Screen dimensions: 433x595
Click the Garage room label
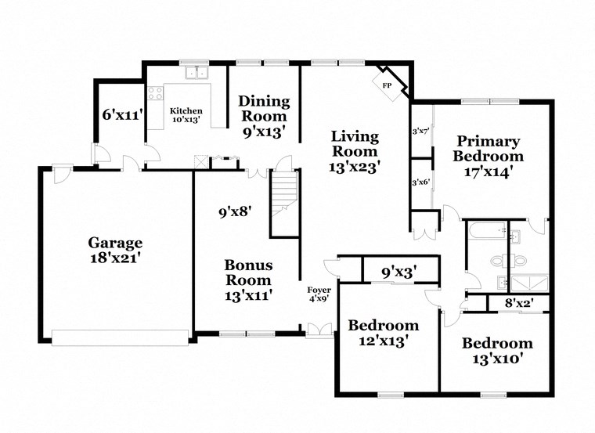point(114,242)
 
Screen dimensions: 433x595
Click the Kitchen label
point(186,111)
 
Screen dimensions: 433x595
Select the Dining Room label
point(264,108)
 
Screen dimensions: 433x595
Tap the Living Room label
point(355,144)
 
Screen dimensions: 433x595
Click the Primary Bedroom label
point(489,149)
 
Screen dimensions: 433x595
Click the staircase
point(285,196)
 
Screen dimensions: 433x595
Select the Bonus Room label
point(248,272)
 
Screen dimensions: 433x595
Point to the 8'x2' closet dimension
point(519,301)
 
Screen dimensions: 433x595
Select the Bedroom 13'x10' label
point(496,350)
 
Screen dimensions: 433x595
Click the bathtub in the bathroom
point(484,232)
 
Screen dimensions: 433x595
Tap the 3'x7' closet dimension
point(420,131)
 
